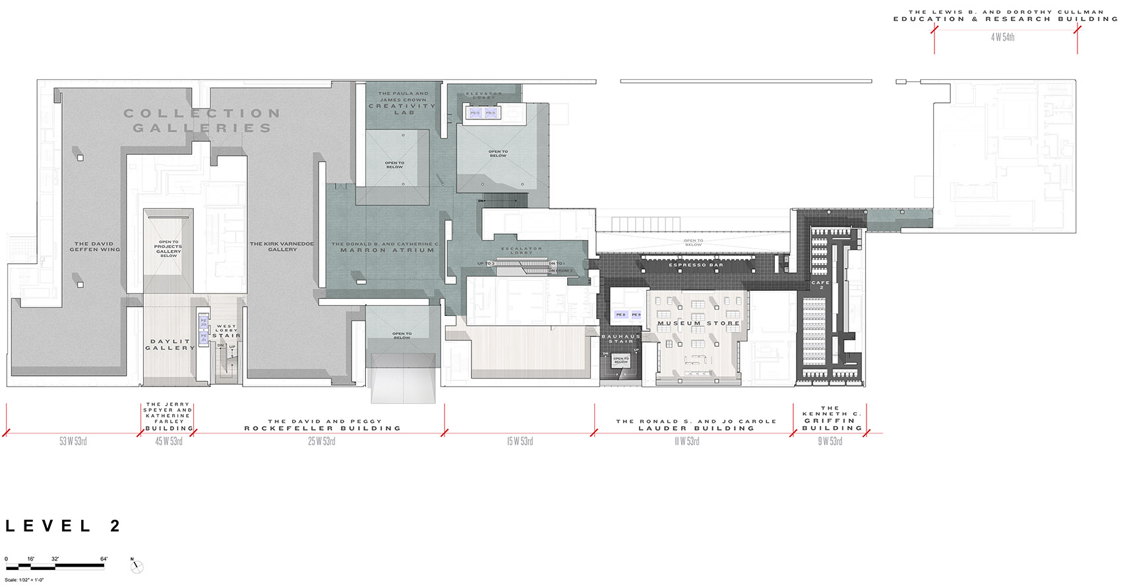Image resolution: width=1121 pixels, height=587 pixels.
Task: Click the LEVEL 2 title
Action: [63, 526]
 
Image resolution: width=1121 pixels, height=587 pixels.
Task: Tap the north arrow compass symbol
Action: [136, 566]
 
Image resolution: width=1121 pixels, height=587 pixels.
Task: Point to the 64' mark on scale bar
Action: [104, 559]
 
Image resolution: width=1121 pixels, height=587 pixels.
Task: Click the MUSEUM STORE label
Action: [698, 324]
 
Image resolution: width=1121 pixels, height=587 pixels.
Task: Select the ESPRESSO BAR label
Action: [696, 265]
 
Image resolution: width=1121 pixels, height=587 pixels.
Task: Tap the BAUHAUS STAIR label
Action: [621, 339]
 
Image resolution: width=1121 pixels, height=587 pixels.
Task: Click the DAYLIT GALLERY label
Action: [169, 345]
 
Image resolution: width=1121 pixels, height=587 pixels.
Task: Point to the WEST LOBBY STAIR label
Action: [226, 331]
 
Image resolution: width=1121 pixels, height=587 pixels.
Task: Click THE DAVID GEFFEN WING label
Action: [95, 247]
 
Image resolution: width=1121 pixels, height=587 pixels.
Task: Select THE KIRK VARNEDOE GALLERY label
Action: [282, 247]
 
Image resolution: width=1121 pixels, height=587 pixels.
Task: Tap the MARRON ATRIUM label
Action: [386, 251]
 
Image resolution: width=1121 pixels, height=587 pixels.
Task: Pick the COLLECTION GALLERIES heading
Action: [202, 121]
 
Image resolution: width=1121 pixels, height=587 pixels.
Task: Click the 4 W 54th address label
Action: [1002, 38]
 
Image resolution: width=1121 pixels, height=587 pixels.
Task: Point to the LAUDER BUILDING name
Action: [696, 428]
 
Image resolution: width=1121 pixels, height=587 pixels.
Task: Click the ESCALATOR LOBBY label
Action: [521, 251]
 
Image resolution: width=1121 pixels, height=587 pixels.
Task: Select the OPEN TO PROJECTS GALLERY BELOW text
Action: [168, 249]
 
